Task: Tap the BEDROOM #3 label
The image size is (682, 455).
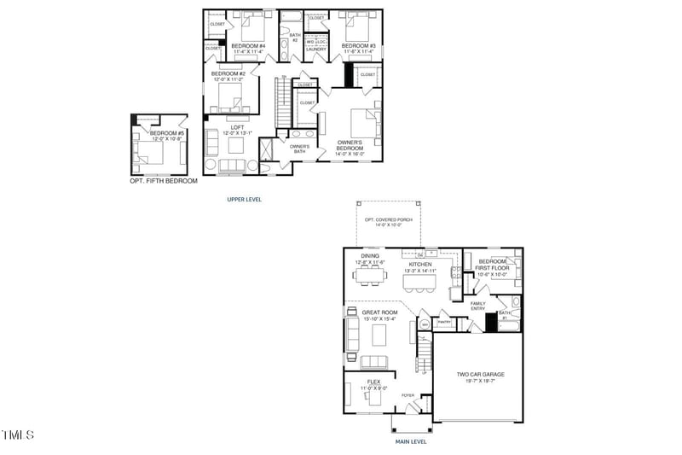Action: point(359,45)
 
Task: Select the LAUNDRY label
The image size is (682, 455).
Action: point(316,50)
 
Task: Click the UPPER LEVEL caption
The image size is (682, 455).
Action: point(244,200)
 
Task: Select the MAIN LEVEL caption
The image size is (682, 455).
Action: point(410,441)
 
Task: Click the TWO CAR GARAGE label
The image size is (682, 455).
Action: point(481,374)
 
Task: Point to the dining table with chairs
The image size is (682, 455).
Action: point(371,275)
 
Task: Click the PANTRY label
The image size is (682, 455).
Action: point(444,322)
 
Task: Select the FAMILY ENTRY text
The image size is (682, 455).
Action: point(477,306)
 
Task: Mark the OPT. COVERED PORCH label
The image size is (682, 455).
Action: point(388,219)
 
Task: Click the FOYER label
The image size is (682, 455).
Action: point(407,395)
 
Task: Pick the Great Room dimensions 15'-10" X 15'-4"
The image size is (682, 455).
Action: point(379,319)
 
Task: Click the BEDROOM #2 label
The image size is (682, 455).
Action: point(228,73)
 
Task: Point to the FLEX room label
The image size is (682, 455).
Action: point(373,382)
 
